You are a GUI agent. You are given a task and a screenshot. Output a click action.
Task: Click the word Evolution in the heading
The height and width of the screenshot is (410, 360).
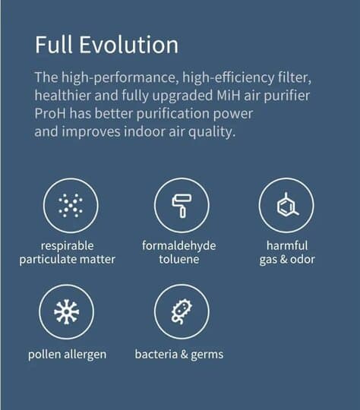tap(128, 45)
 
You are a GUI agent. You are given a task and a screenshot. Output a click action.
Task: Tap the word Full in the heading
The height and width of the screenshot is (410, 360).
tap(54, 45)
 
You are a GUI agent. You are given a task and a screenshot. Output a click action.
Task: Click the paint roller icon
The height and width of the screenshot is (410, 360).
tap(182, 206)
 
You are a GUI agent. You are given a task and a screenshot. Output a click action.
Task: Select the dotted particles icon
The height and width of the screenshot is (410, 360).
tap(71, 206)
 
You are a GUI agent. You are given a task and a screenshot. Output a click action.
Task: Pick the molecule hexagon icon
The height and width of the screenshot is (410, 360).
tap(287, 205)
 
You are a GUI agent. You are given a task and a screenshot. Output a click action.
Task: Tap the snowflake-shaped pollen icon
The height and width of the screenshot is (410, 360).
tap(66, 312)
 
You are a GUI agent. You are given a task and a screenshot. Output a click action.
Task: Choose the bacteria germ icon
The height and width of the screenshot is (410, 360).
tap(182, 312)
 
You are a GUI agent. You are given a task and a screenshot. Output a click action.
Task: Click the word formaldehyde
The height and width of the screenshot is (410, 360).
tap(179, 246)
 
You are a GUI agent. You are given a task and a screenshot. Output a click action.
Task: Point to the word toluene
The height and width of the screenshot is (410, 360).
tap(179, 260)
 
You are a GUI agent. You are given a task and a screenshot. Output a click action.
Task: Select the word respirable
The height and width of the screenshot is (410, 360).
tap(68, 246)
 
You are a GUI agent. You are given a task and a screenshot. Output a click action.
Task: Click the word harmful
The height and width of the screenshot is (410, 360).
tap(287, 245)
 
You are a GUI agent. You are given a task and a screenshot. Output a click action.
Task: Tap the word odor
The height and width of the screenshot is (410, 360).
tap(302, 260)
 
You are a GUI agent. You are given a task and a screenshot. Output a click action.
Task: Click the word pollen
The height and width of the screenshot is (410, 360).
tap(45, 355)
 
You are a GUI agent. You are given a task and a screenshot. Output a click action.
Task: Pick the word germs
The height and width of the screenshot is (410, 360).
tap(207, 355)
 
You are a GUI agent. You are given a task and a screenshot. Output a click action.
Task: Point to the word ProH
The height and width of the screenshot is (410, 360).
tap(50, 113)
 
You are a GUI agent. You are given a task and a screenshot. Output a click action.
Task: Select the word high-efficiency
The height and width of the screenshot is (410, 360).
tap(228, 77)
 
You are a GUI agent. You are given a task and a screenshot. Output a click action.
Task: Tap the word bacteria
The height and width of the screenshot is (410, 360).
tap(156, 355)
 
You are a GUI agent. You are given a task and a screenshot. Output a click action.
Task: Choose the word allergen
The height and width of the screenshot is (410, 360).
tap(85, 355)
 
